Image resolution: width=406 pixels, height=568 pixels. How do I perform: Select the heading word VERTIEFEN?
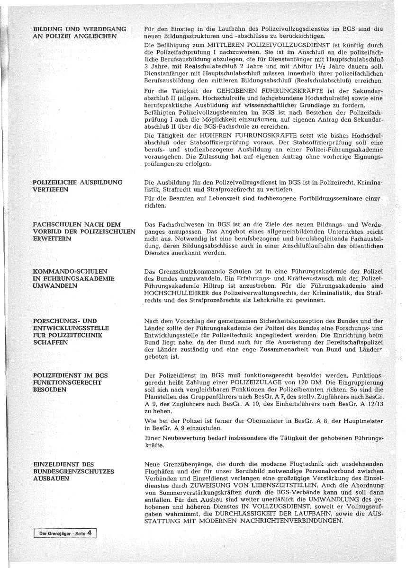click(51, 189)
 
